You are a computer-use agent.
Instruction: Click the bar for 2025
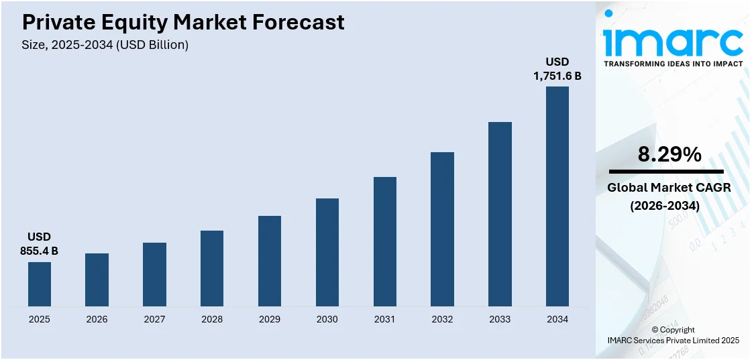pyautogui.click(x=40, y=284)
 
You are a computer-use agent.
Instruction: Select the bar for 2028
pyautogui.click(x=212, y=268)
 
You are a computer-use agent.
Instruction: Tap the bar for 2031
pyautogui.click(x=385, y=241)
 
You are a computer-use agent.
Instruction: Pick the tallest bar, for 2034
pyautogui.click(x=557, y=196)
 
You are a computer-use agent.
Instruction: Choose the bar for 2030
pyautogui.click(x=327, y=252)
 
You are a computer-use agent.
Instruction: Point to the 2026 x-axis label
pyautogui.click(x=97, y=319)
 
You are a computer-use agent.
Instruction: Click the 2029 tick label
pyautogui.click(x=270, y=319)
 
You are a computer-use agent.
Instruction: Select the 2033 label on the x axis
pyautogui.click(x=500, y=319)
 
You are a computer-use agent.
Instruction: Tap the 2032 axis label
pyautogui.click(x=442, y=319)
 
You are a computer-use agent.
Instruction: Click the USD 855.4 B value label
pyautogui.click(x=40, y=244)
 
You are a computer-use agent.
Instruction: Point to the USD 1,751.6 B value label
pyautogui.click(x=557, y=69)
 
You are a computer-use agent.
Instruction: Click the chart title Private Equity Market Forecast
pyautogui.click(x=183, y=23)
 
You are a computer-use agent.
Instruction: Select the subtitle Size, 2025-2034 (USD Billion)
pyautogui.click(x=105, y=45)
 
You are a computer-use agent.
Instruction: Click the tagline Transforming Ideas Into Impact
pyautogui.click(x=673, y=64)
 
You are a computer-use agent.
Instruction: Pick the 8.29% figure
pyautogui.click(x=669, y=155)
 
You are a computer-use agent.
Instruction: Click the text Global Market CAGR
pyautogui.click(x=669, y=188)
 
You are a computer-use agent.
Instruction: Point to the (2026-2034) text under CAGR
pyautogui.click(x=669, y=206)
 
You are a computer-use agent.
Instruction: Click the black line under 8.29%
pyautogui.click(x=666, y=172)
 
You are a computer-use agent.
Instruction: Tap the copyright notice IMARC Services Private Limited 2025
pyautogui.click(x=673, y=341)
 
